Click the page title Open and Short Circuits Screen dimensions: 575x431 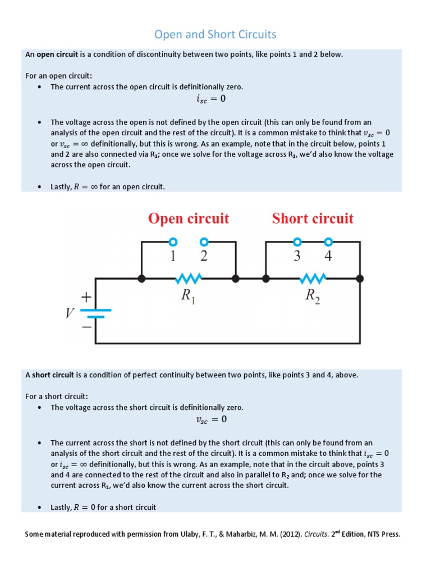(215, 35)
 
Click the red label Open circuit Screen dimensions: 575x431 (189, 218)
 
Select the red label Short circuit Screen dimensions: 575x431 (313, 218)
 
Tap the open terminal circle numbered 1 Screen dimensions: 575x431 (173, 242)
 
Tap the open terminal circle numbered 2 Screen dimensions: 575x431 (204, 242)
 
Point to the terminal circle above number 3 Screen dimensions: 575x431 (297, 242)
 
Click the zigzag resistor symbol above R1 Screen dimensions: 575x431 (189, 278)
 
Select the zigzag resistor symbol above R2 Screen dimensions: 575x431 (313, 278)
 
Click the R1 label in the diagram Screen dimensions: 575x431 (188, 297)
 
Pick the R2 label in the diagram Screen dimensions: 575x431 (313, 297)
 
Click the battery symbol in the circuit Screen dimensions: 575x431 (96, 313)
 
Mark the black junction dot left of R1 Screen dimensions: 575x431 (141, 278)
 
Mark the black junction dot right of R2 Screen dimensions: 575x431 (360, 278)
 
